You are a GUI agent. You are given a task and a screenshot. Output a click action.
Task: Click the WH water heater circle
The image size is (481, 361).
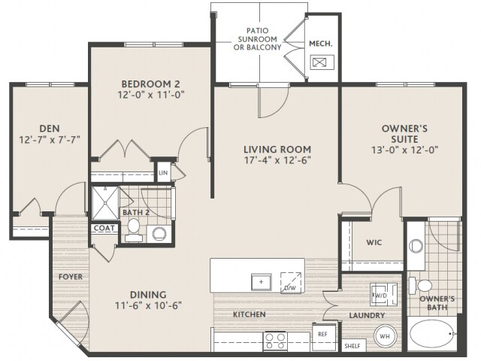point(385,336)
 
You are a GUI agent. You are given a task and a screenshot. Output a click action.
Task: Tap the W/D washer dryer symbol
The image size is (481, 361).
point(383,295)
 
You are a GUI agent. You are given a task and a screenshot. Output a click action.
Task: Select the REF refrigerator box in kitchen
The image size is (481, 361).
point(324,337)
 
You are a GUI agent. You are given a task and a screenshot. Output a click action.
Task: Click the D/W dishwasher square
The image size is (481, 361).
point(291,282)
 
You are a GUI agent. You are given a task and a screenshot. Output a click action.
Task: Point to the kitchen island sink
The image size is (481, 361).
point(261,282)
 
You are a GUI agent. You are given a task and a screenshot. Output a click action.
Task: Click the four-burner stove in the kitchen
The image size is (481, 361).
point(275,341)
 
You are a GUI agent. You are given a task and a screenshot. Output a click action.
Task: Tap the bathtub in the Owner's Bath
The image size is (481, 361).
point(432,334)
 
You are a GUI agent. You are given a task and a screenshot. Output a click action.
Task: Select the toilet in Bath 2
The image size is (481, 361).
point(134,229)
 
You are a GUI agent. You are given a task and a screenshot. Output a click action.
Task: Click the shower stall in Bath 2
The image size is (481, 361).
point(105,203)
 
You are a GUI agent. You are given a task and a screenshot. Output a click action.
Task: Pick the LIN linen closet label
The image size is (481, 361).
point(163,173)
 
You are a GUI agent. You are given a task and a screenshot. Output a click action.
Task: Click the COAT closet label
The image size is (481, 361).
point(104,228)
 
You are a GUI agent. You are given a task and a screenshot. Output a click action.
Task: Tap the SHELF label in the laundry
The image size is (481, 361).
point(352,346)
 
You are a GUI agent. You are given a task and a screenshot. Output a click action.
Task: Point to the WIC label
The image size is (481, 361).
point(374,242)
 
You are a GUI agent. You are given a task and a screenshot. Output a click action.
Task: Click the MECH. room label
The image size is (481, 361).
point(321,44)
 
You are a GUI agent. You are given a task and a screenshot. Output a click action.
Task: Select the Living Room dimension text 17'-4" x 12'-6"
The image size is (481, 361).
point(277,160)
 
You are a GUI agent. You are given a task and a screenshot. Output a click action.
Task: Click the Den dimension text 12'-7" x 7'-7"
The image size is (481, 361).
point(50,140)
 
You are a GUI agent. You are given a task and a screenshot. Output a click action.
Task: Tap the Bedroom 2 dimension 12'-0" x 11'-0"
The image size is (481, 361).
point(150,95)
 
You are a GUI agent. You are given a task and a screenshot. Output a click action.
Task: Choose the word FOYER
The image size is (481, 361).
point(71,277)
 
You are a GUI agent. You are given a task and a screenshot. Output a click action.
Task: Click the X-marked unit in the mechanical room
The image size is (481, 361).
point(322,62)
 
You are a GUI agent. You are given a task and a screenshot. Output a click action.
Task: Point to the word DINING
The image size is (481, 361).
point(148,295)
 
